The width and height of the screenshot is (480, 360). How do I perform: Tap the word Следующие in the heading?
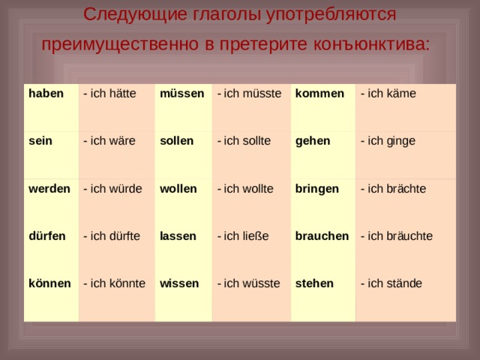(135, 15)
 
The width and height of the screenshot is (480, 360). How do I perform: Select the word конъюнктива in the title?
(372, 44)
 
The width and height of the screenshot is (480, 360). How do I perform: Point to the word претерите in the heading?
(263, 45)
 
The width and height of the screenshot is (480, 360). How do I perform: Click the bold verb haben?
(46, 93)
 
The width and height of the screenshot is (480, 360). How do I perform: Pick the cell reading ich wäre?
(109, 141)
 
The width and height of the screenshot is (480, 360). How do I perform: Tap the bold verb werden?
(49, 188)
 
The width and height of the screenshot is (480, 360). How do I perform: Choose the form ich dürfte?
(112, 236)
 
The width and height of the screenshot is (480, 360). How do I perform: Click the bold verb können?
(49, 283)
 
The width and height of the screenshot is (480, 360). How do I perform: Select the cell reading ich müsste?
(249, 93)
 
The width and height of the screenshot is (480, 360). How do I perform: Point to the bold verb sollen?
(177, 141)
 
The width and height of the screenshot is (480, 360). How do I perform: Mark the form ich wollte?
(245, 188)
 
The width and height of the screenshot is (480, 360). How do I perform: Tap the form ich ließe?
(243, 236)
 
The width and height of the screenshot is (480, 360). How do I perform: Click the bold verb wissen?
(179, 283)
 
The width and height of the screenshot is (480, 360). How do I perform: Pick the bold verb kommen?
(319, 93)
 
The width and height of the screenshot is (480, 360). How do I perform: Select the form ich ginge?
(388, 141)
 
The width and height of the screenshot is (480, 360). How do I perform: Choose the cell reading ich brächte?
(393, 188)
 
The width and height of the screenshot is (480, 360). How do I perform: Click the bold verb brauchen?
(322, 236)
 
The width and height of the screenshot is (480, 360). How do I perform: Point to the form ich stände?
(391, 283)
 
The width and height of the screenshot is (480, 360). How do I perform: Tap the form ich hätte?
(109, 93)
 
